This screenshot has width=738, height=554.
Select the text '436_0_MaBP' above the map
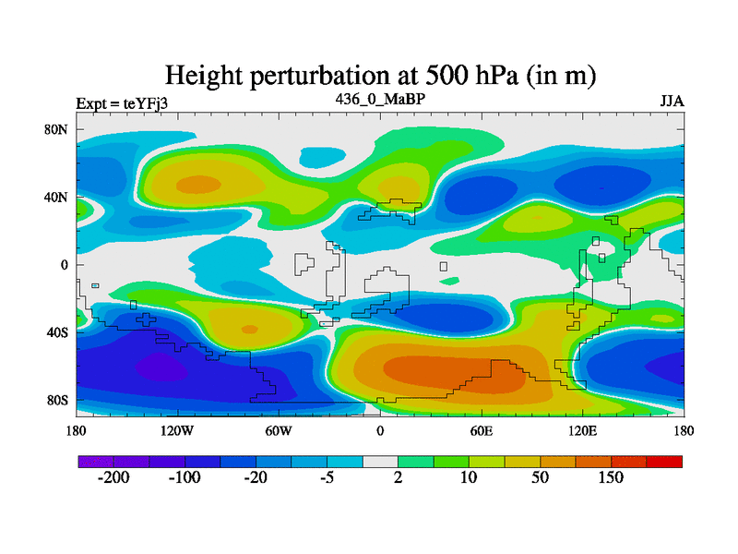(x=379, y=98)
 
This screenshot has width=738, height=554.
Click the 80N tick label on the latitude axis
(x=57, y=129)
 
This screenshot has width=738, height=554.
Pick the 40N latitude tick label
(x=57, y=197)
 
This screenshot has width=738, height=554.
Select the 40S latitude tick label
(x=57, y=332)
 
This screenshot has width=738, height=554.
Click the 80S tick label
(x=57, y=401)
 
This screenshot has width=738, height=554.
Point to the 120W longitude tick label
(x=176, y=430)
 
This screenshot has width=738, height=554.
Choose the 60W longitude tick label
(x=279, y=430)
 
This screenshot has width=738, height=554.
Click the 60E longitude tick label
(x=481, y=430)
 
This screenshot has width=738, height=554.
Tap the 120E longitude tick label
(x=582, y=430)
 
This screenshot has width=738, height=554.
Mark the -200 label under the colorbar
(x=113, y=478)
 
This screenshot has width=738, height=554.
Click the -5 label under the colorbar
(x=327, y=478)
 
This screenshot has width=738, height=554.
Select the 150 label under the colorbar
(x=611, y=478)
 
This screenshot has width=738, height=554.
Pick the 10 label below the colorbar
(x=469, y=478)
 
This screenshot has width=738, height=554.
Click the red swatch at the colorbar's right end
(x=664, y=461)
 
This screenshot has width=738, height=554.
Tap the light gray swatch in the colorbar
(x=380, y=461)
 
